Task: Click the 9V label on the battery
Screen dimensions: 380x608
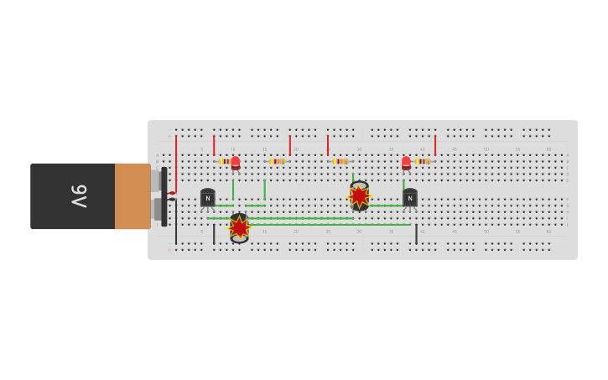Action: coord(78,196)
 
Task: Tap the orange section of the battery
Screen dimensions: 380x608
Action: coord(132,196)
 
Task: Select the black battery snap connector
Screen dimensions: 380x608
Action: coord(164,196)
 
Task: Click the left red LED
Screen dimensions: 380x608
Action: coord(236,163)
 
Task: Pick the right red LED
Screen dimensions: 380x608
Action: coord(406,163)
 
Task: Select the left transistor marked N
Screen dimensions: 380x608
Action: coord(207,198)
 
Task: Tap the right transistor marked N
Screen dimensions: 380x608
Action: coord(409,198)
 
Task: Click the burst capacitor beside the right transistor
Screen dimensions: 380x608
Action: coord(359,196)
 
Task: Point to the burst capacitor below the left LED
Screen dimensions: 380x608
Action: coord(239,227)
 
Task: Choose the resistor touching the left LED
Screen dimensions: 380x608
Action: coord(224,161)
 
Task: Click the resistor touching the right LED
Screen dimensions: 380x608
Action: coord(423,161)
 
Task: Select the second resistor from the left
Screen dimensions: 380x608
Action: coord(277,161)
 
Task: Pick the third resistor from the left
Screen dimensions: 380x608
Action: coord(340,161)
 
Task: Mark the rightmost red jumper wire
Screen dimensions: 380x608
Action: coord(435,145)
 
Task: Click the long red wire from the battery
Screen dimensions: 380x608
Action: coord(176,164)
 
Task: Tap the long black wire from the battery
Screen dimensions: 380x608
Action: coord(176,222)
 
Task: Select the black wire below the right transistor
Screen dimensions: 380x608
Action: coord(416,233)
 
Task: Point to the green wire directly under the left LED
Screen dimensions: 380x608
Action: coord(233,189)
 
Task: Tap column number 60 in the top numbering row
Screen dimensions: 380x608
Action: coord(548,149)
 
